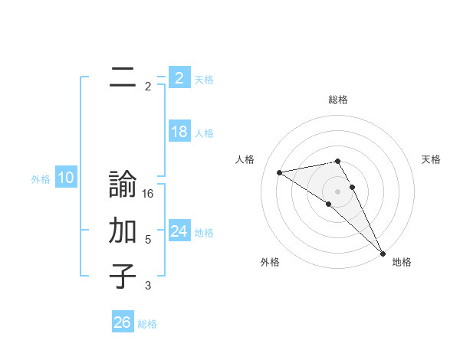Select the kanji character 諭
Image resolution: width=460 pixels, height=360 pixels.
pos(123,186)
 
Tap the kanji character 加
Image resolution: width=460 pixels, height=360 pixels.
pos(123,231)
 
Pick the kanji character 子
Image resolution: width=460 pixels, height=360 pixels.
pos(123,276)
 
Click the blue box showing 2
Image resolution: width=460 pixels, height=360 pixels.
pos(179,77)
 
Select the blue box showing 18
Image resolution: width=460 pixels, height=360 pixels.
pos(179,132)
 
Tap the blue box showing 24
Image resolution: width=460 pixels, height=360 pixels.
pos(179,231)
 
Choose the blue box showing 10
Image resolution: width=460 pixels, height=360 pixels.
pos(66,178)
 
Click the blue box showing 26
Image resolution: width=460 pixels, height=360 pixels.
pos(123,322)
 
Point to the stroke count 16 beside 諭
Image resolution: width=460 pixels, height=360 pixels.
pos(148,195)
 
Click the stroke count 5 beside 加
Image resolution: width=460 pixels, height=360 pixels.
pos(148,240)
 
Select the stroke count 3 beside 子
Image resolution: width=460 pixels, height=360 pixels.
pos(148,286)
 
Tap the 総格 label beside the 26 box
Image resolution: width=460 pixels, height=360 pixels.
pos(147,324)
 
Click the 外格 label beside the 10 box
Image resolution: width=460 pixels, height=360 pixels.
pos(41,179)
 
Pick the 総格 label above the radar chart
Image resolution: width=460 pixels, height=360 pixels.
pos(337,100)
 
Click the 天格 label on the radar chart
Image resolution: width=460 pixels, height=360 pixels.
pos(431,159)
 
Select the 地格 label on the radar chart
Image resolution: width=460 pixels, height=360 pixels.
pos(402,262)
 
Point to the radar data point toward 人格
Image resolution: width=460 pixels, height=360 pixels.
pos(280,172)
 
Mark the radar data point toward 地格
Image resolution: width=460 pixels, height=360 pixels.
pos(382,252)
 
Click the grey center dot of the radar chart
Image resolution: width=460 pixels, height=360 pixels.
pos(337,191)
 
